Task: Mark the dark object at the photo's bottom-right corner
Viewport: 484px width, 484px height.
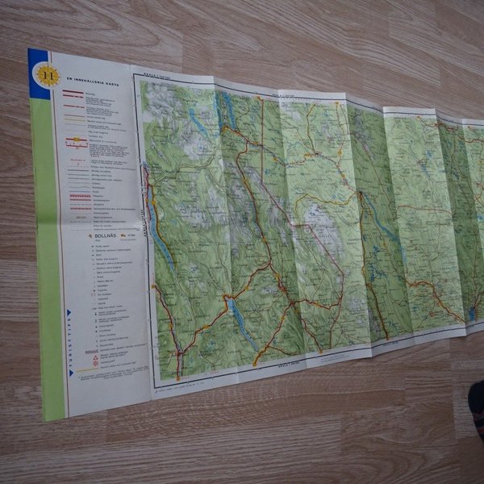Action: (476, 411)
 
